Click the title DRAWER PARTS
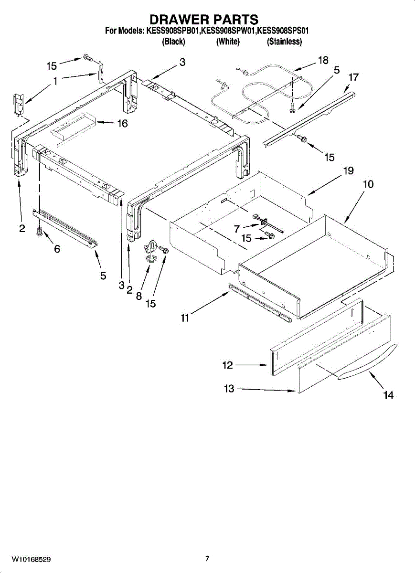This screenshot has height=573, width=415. [204, 20]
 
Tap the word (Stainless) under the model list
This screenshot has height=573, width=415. [284, 42]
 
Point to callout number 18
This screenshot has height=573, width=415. [323, 60]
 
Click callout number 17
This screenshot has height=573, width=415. [353, 76]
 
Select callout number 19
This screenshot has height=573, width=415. [348, 170]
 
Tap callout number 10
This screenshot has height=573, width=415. [368, 184]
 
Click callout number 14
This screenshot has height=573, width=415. [388, 395]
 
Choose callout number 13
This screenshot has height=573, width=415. [229, 389]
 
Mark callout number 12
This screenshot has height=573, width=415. [227, 366]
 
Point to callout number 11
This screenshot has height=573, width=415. [185, 318]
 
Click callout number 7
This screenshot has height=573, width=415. [237, 229]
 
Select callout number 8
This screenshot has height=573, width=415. [139, 296]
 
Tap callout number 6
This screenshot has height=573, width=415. [57, 249]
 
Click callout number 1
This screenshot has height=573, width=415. [55, 82]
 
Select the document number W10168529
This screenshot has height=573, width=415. [32, 559]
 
